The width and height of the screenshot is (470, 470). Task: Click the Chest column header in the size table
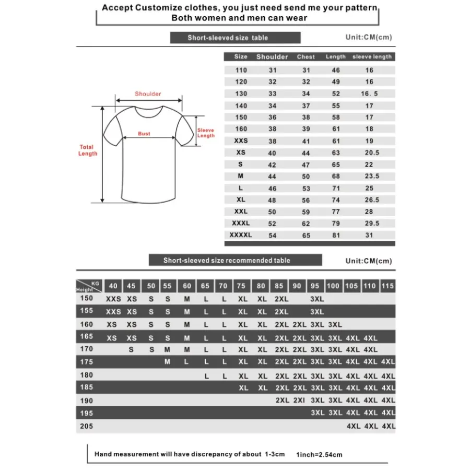click(306, 57)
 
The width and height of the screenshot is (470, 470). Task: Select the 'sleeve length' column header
click(372, 57)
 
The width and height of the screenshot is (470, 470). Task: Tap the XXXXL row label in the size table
click(241, 235)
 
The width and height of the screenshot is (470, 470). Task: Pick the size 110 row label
click(241, 70)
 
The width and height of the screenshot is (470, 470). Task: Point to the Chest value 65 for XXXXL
click(306, 236)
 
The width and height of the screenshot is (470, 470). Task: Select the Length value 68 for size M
click(336, 177)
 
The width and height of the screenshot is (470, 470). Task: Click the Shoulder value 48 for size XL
click(272, 200)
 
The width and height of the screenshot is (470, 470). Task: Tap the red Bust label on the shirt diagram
click(144, 134)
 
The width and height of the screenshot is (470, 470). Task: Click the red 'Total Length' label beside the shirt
click(88, 150)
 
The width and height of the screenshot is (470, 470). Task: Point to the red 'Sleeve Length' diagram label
click(206, 133)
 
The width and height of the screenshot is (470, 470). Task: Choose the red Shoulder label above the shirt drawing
click(148, 94)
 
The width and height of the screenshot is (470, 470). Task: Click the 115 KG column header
click(388, 286)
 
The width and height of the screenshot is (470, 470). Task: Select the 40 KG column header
click(113, 286)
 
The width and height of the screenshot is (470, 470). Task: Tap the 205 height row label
click(87, 426)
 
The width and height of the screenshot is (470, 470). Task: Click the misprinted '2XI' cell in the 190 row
click(300, 401)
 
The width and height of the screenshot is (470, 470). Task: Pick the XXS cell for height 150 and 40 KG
click(113, 299)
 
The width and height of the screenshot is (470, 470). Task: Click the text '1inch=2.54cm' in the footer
click(319, 455)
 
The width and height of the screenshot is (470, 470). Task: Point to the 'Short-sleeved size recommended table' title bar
click(235, 260)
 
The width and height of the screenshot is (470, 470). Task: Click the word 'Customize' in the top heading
click(156, 8)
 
